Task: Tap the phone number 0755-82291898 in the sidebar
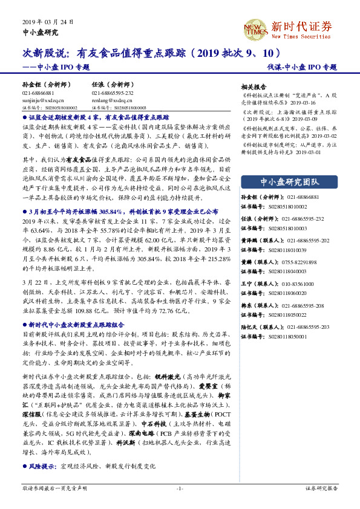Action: [x=299, y=245]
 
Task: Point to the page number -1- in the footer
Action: [x=180, y=488]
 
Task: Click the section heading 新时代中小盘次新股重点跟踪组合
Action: [x=73, y=325]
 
